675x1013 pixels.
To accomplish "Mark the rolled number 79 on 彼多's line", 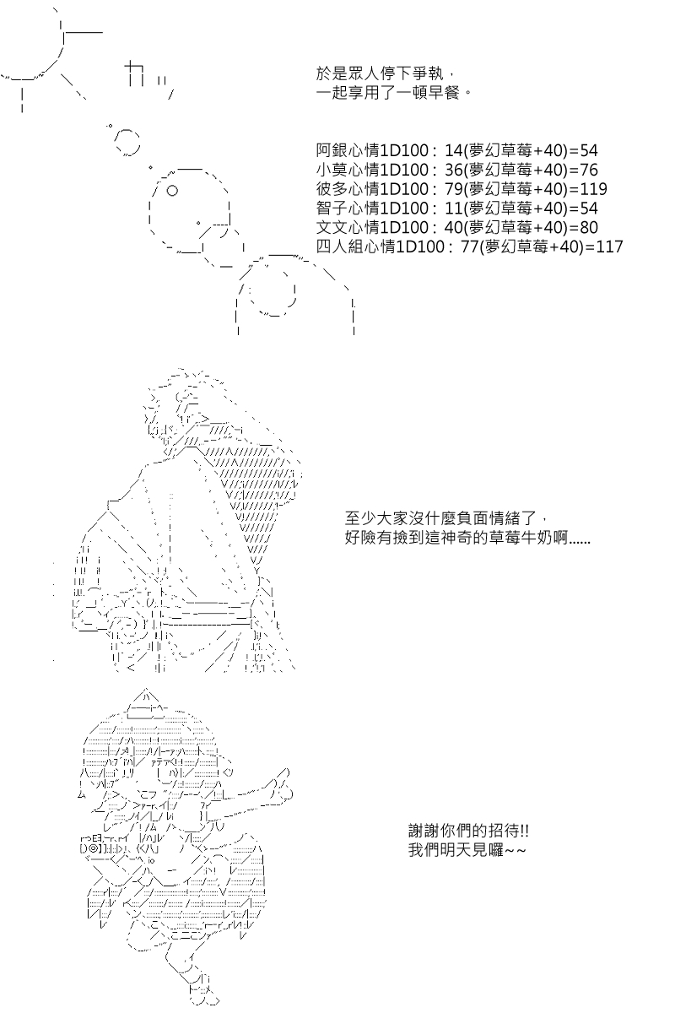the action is pos(454,189).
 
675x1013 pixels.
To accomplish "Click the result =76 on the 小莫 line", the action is pos(582,170).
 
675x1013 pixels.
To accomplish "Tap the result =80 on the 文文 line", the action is pos(582,227).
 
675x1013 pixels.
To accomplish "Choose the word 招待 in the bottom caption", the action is pos(503,831).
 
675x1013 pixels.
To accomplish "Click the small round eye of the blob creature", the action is pos(172,191).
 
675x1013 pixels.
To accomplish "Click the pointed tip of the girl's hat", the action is pos(146,691).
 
